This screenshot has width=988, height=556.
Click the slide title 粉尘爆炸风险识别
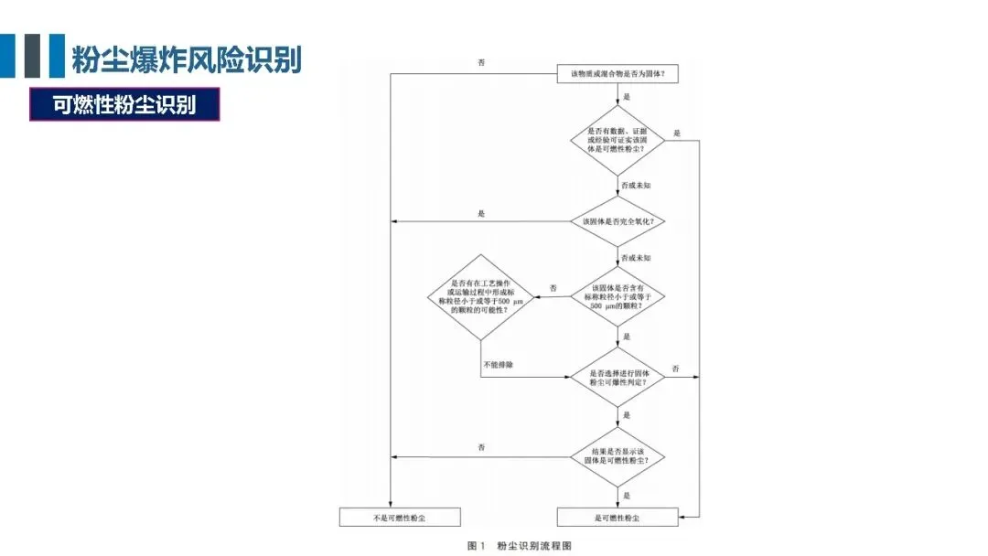point(187,59)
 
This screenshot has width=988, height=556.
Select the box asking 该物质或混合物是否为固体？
point(617,74)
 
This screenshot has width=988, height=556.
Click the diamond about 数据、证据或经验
point(617,141)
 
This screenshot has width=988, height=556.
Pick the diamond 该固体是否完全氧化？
point(617,221)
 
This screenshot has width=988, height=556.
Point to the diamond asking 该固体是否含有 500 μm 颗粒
point(617,298)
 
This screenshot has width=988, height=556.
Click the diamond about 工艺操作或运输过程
point(480,298)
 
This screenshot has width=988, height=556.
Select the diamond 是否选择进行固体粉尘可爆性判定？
point(617,377)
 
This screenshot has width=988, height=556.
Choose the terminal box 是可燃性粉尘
point(617,518)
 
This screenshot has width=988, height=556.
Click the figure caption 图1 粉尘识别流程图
point(519,545)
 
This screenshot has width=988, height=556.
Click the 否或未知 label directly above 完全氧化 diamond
point(637,186)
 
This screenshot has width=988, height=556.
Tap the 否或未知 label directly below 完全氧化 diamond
point(637,259)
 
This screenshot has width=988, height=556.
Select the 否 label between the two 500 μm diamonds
point(553,289)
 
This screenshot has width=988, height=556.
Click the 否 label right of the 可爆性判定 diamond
point(676,368)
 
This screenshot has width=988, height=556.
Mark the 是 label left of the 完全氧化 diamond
point(481,213)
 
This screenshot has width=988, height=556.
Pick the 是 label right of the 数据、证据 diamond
point(677,134)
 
